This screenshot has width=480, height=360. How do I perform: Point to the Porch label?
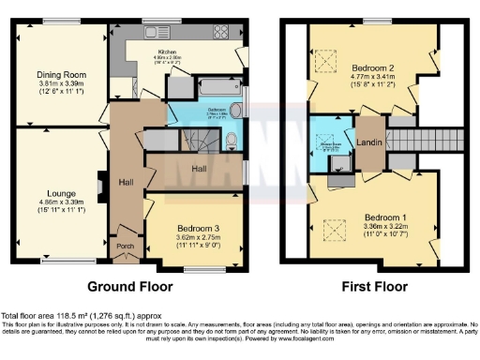125,247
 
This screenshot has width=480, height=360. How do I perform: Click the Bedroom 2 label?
372,68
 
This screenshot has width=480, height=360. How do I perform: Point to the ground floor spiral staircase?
201,141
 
